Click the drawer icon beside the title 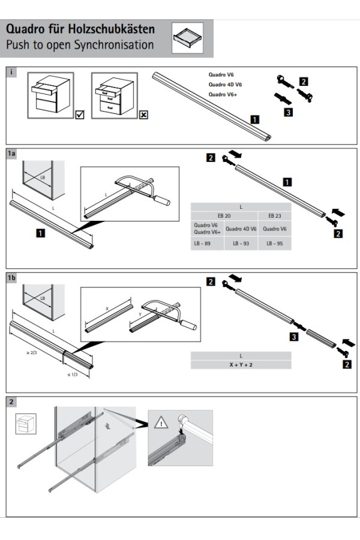pyautogui.click(x=188, y=38)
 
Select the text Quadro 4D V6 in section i pyautogui.click(x=225, y=85)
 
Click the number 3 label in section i pyautogui.click(x=289, y=112)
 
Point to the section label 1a pyautogui.click(x=11, y=154)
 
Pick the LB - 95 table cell pyautogui.click(x=275, y=244)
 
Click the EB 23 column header pyautogui.click(x=275, y=215)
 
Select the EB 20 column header pyautogui.click(x=224, y=215)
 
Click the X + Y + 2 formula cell pyautogui.click(x=241, y=364)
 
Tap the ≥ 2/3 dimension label pyautogui.click(x=32, y=352)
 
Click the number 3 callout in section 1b pyautogui.click(x=293, y=337)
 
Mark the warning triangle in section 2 pyautogui.click(x=161, y=424)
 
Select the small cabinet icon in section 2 pyautogui.click(x=24, y=424)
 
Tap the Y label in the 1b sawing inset pyautogui.click(x=140, y=314)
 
